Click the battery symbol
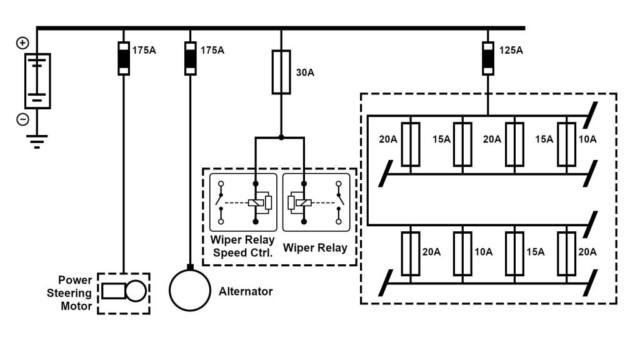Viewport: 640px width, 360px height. pyautogui.click(x=37, y=81)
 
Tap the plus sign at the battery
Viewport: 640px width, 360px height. pyautogui.click(x=22, y=43)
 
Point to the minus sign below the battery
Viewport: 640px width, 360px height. pyautogui.click(x=22, y=119)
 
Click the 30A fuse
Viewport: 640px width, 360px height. pyautogui.click(x=281, y=72)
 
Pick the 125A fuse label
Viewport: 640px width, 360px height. pyautogui.click(x=511, y=49)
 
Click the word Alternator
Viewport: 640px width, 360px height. pyautogui.click(x=246, y=291)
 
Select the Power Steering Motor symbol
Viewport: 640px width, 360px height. pyautogui.click(x=124, y=291)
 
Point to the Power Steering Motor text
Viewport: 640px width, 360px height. pyautogui.click(x=75, y=292)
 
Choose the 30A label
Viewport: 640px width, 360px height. pyautogui.click(x=305, y=72)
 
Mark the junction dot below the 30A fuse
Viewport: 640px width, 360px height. pyautogui.click(x=281, y=137)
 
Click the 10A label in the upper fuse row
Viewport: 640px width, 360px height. pyautogui.click(x=587, y=139)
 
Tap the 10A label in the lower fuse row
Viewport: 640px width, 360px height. pyautogui.click(x=484, y=252)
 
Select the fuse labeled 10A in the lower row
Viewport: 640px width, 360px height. pyautogui.click(x=462, y=253)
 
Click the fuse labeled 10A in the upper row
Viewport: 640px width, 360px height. pyautogui.click(x=566, y=144)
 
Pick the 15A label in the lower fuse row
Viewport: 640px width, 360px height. pyautogui.click(x=535, y=252)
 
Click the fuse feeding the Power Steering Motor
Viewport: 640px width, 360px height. pyautogui.click(x=124, y=59)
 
